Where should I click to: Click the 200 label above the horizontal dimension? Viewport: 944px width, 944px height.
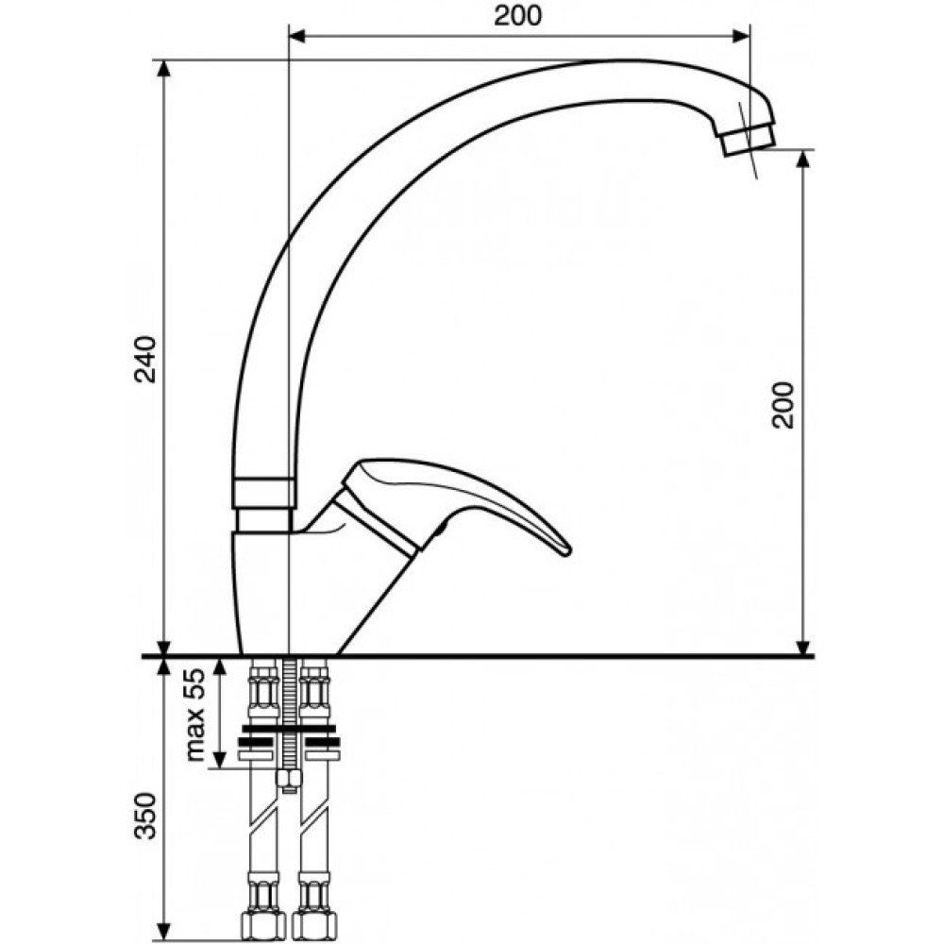[x=517, y=16]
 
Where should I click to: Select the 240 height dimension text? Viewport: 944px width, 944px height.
[x=145, y=360]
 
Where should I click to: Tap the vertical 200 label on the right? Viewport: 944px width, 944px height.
[x=784, y=405]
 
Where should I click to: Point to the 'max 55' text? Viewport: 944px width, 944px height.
[x=195, y=715]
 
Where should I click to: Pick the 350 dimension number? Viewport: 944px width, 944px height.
[x=145, y=816]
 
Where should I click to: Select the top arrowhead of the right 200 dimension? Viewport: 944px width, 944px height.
[x=802, y=159]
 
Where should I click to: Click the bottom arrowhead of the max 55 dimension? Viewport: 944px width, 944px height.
[x=220, y=759]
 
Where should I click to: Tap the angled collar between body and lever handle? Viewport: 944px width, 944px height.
[x=378, y=521]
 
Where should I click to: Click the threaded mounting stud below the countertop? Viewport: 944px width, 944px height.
[x=289, y=716]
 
